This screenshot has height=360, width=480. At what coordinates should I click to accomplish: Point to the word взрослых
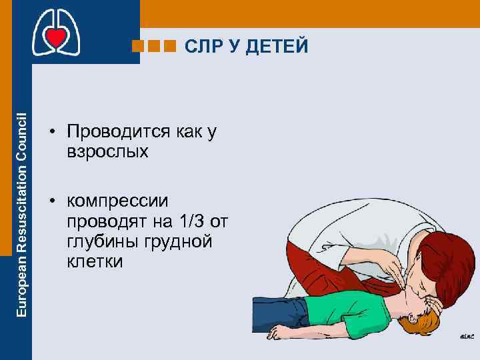[107, 151]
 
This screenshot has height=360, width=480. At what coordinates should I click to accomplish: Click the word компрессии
[118, 201]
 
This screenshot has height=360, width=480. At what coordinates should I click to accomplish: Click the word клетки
[95, 261]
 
